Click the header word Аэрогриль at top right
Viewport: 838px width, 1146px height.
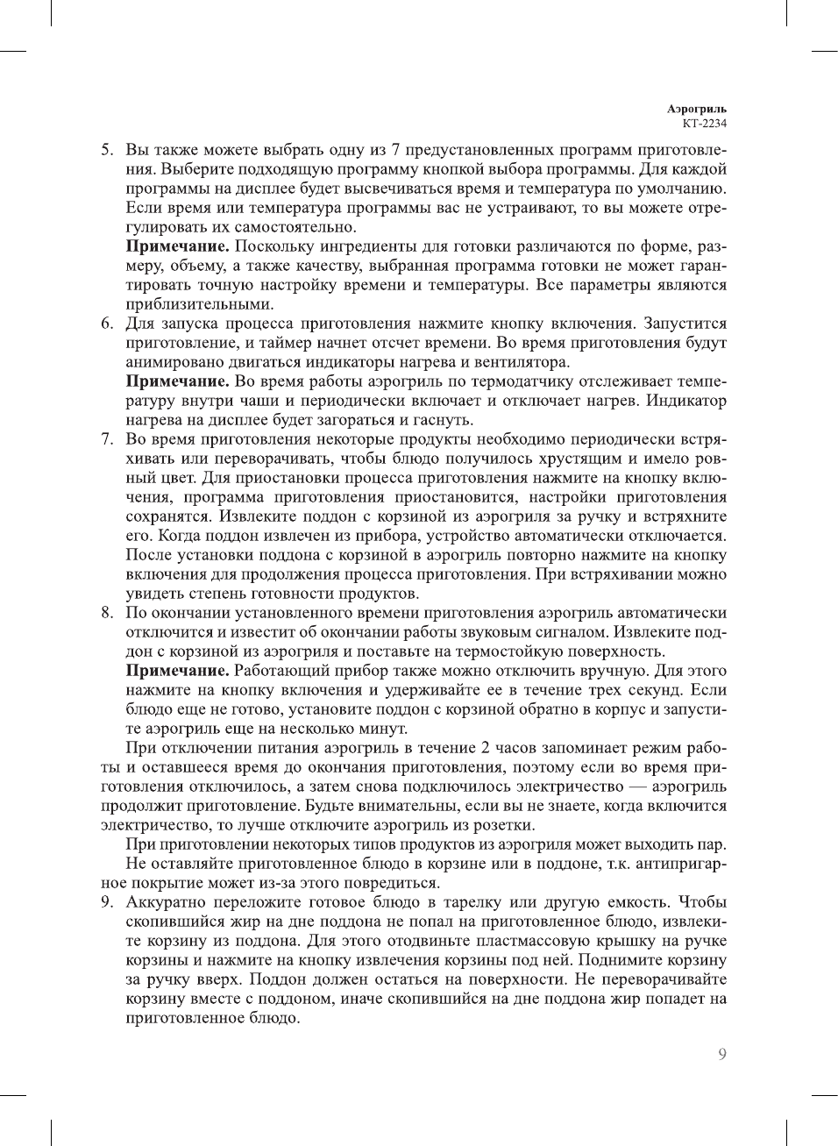click(x=696, y=110)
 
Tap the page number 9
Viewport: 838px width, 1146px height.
click(x=721, y=1055)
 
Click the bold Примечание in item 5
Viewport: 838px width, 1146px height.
click(x=178, y=246)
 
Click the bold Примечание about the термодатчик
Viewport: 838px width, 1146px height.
click(x=178, y=381)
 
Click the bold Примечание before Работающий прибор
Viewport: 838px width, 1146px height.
click(x=178, y=671)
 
